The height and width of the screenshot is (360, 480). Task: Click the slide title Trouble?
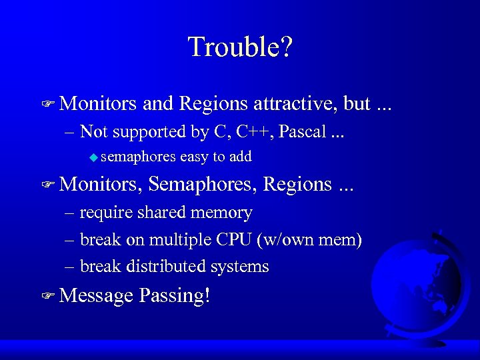click(x=240, y=47)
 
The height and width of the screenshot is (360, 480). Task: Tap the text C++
click(x=251, y=131)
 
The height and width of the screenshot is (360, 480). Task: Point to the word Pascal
click(x=302, y=131)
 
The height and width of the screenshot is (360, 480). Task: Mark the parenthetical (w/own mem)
click(x=315, y=240)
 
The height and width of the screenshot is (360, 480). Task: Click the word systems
click(x=239, y=267)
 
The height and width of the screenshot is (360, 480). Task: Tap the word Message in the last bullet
click(x=96, y=295)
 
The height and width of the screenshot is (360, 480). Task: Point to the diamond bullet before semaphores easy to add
click(x=93, y=157)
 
